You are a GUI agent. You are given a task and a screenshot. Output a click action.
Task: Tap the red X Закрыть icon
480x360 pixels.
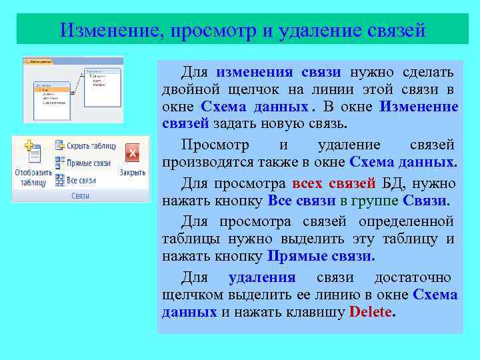(x=132, y=154)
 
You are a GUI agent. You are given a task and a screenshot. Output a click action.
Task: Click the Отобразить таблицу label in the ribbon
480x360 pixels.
(x=33, y=177)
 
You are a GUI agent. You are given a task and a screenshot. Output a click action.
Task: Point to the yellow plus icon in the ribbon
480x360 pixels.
(x=29, y=145)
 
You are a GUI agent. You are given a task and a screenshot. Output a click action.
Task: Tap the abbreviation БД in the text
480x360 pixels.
(x=389, y=183)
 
